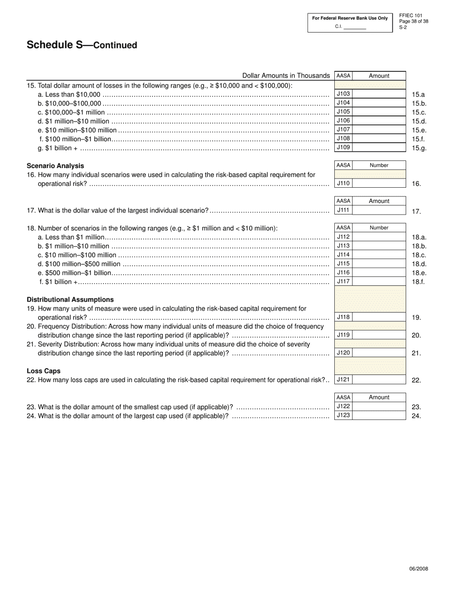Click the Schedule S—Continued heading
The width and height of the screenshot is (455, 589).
[x=82, y=45]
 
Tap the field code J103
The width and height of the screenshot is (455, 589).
[x=343, y=94]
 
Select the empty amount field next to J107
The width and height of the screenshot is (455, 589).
[x=379, y=130]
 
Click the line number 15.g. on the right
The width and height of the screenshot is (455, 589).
[x=419, y=148]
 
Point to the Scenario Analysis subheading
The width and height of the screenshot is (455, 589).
[x=55, y=166]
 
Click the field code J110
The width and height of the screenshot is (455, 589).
[x=343, y=183]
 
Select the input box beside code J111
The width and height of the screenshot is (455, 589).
[x=379, y=210]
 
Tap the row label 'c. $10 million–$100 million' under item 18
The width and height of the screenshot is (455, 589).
[x=77, y=255]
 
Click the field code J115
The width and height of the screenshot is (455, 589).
[x=343, y=264]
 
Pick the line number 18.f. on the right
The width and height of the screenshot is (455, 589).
[x=419, y=282]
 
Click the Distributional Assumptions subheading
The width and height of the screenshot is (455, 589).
[x=70, y=300]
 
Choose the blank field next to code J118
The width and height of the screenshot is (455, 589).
[x=379, y=317]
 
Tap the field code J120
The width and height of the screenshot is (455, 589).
[x=343, y=353]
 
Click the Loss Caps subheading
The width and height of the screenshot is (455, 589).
[x=44, y=371]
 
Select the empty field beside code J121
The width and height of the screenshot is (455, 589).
[x=379, y=380]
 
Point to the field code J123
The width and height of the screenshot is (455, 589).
[x=343, y=416]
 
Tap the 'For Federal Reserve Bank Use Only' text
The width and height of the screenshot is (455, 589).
[x=350, y=18]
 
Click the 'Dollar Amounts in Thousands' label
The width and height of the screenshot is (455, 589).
[x=286, y=76]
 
